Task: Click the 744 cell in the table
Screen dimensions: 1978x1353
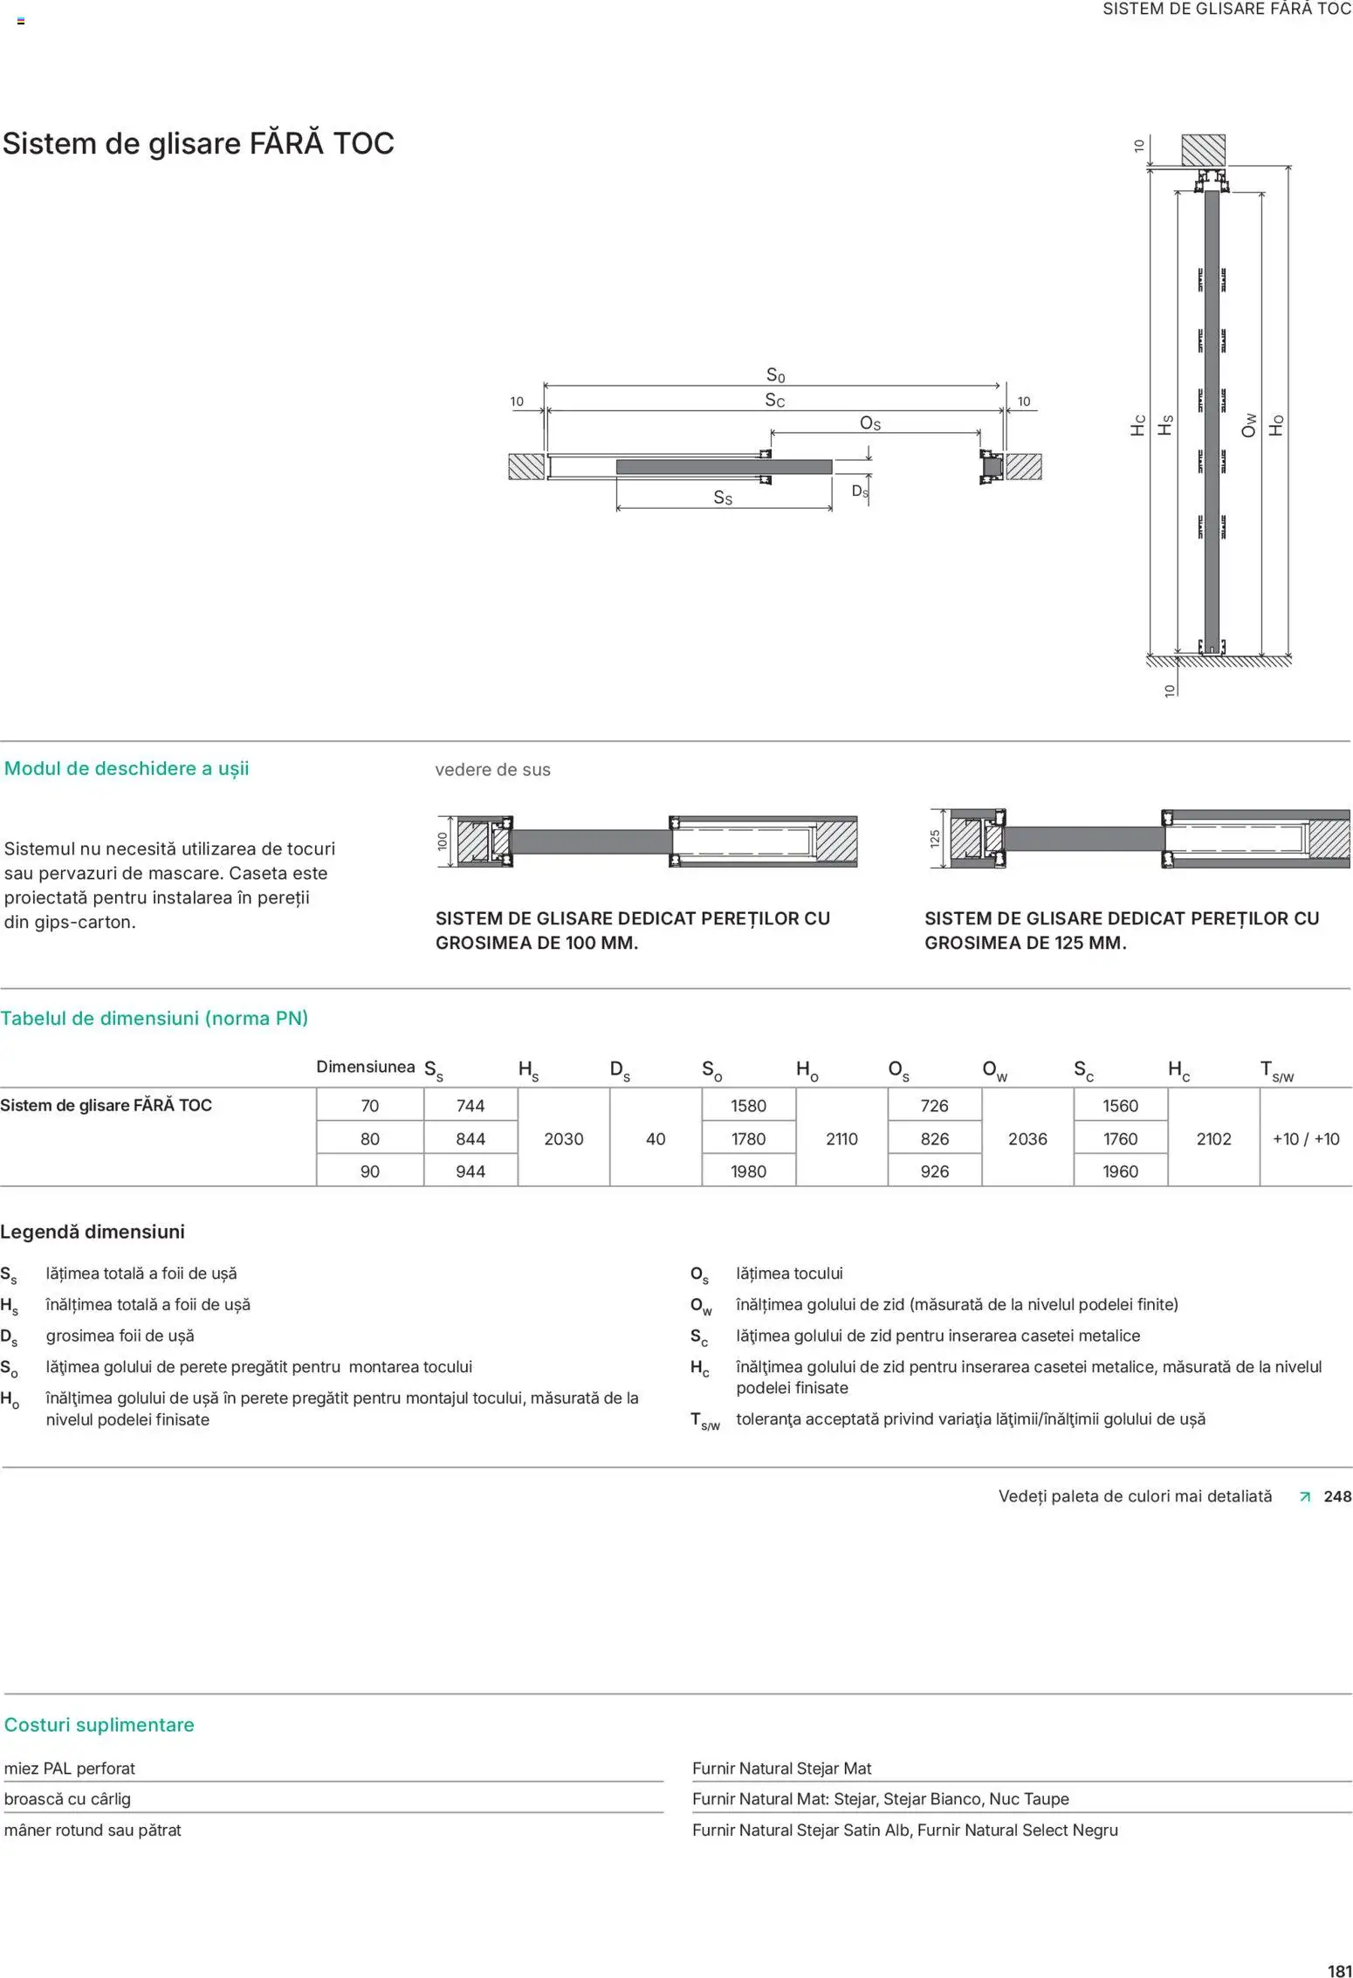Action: [470, 1105]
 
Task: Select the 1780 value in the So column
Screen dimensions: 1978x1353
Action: [748, 1138]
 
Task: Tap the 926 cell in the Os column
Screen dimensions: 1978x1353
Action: [934, 1171]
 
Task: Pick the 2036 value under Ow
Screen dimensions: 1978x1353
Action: [1027, 1138]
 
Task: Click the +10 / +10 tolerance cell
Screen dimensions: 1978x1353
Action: [1305, 1138]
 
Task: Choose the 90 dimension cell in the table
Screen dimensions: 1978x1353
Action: [369, 1171]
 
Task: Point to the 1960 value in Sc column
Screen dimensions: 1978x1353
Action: [1120, 1171]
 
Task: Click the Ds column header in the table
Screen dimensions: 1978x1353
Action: [619, 1070]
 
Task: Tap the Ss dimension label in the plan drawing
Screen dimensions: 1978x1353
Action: [723, 498]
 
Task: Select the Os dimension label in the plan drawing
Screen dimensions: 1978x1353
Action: [870, 423]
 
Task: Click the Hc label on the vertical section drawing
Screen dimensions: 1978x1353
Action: [1138, 425]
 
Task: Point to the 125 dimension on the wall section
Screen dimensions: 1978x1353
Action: [935, 839]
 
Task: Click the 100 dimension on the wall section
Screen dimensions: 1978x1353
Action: [443, 841]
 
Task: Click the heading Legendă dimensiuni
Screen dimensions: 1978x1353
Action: [93, 1232]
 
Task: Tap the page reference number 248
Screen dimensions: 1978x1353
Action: [1336, 1496]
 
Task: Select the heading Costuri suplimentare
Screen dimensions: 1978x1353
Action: [99, 1725]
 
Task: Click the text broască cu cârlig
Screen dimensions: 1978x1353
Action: [67, 1799]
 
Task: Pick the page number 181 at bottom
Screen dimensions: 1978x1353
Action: [1339, 1970]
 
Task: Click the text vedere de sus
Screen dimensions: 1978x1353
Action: [492, 770]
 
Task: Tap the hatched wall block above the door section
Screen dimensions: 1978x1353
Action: [1203, 151]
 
